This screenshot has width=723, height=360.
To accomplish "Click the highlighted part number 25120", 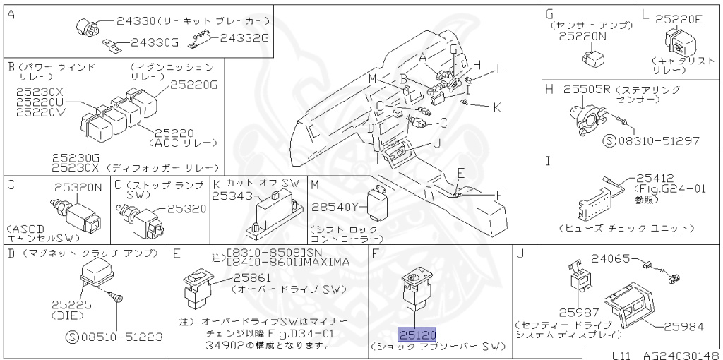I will (417, 335).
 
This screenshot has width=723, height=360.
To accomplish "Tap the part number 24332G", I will (244, 37).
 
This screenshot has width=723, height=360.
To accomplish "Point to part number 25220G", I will (195, 85).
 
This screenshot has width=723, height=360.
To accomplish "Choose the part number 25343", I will (232, 194).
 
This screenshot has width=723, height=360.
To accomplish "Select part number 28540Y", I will (335, 206).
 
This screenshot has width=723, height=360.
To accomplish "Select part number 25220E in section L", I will (679, 20).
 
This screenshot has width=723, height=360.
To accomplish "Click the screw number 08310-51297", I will (662, 140).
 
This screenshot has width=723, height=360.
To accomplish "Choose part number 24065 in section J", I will (610, 259).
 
